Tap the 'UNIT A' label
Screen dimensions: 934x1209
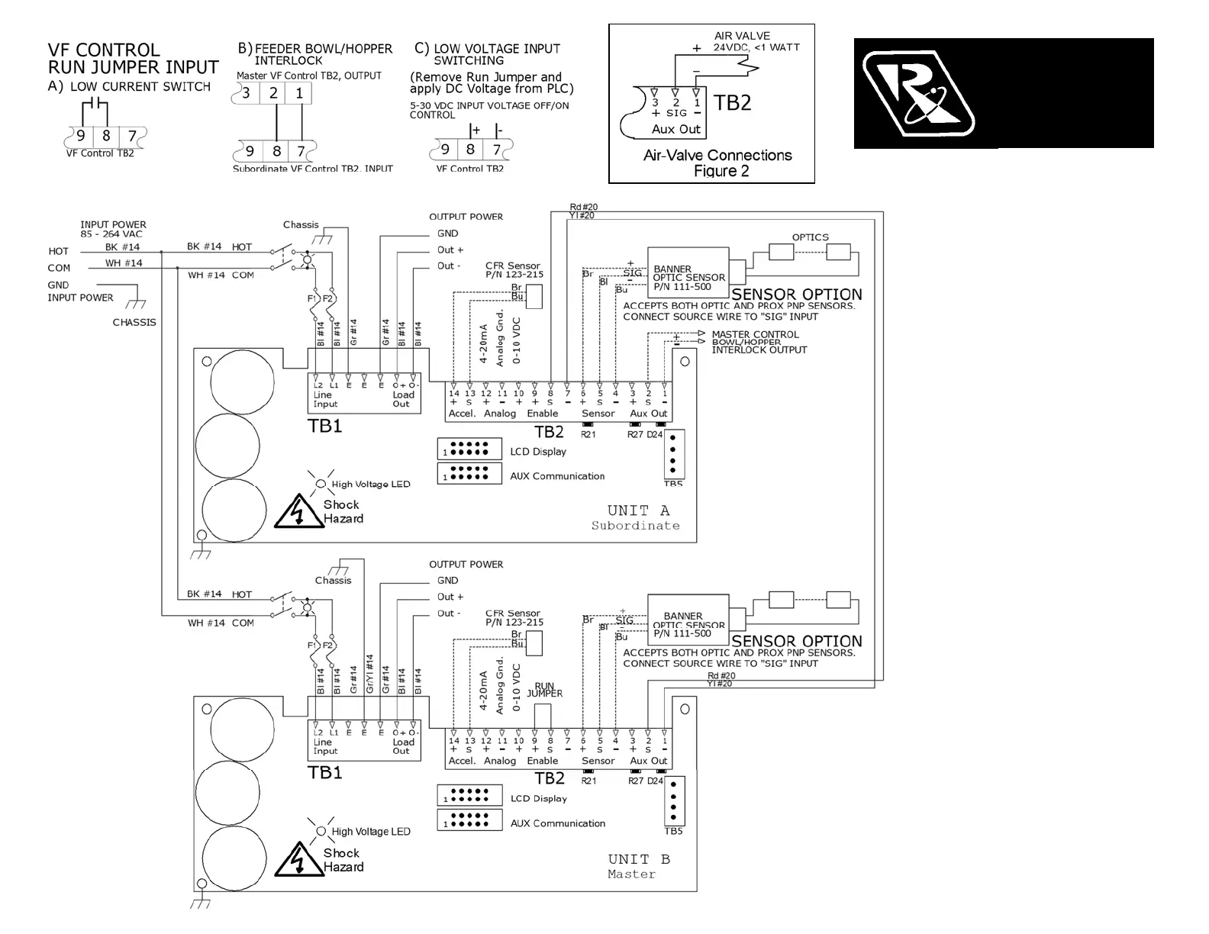point(638,510)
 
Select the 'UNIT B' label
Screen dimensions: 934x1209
point(639,859)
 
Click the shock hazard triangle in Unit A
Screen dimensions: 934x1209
point(298,511)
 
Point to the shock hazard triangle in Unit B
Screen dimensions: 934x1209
point(298,859)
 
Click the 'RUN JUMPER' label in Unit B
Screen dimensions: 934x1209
point(544,690)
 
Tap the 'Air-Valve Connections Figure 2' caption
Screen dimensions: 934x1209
point(717,163)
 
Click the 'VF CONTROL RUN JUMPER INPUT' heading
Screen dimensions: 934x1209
point(133,59)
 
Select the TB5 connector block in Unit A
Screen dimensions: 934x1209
point(673,454)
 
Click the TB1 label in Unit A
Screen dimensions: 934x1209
point(324,426)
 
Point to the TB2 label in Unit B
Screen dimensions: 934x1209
point(549,778)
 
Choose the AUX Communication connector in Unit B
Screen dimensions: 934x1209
point(469,820)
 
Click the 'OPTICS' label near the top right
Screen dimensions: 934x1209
point(810,237)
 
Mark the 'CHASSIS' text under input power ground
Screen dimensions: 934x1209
point(134,323)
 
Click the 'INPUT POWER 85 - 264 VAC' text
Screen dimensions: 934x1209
point(113,229)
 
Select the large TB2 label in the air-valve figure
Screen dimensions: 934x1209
point(732,103)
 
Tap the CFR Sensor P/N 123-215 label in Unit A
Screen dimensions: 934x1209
point(514,270)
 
